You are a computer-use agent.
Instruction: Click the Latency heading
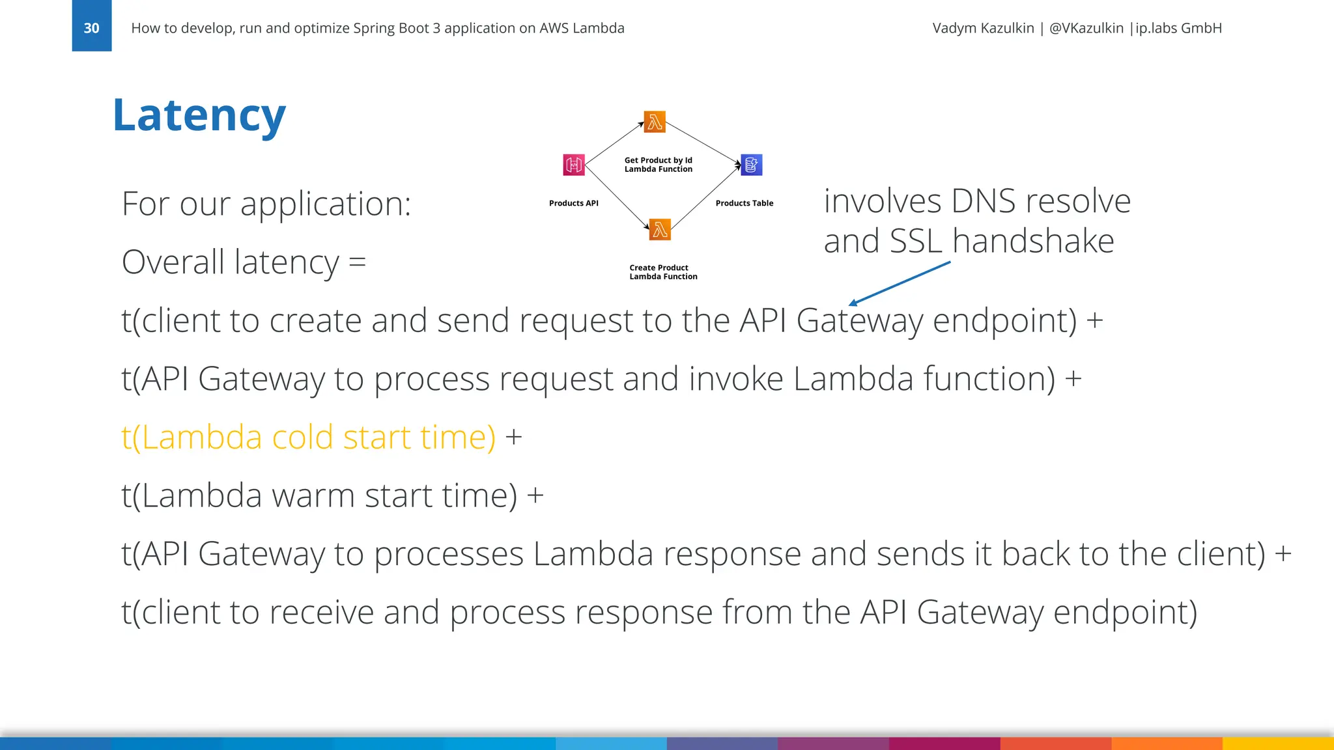199,115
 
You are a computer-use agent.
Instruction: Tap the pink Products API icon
574,165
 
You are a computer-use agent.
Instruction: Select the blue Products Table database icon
752,165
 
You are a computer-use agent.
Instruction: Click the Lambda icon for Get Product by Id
655,122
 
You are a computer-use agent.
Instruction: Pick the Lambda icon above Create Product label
660,229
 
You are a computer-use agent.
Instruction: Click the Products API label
573,203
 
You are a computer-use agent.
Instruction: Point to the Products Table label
744,203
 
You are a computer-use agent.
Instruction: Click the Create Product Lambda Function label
663,272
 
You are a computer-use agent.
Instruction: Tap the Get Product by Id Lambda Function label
658,165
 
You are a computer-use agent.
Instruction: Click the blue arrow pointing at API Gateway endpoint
899,283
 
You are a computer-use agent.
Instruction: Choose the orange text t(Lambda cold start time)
308,437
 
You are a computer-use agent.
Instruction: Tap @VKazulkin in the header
1086,28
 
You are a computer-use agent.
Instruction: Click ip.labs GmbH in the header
1178,28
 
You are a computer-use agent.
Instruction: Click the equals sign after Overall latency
358,262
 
